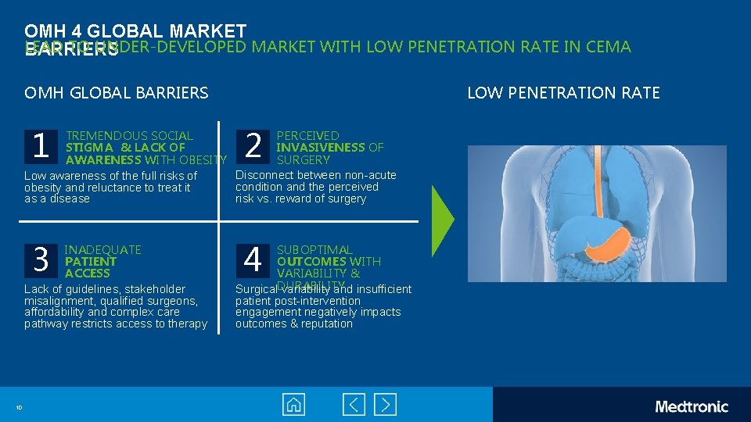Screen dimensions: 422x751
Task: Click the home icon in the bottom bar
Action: pyautogui.click(x=294, y=405)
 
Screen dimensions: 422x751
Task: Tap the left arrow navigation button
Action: pyautogui.click(x=354, y=405)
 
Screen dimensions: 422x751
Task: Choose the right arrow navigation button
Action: pyautogui.click(x=385, y=405)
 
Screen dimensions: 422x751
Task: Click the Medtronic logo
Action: pyautogui.click(x=691, y=406)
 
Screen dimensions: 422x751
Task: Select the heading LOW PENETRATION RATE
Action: pyautogui.click(x=563, y=93)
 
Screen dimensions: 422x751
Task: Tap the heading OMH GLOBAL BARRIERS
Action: pyautogui.click(x=117, y=93)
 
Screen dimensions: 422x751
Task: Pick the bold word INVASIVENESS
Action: pyautogui.click(x=321, y=148)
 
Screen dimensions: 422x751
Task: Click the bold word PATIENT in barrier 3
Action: pyautogui.click(x=91, y=262)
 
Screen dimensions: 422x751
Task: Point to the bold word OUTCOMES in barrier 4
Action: pyautogui.click(x=311, y=262)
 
